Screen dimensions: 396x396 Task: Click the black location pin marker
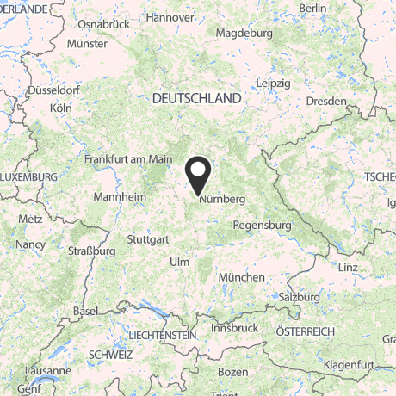199,175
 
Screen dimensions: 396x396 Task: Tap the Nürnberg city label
222,199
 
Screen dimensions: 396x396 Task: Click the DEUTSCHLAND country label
196,99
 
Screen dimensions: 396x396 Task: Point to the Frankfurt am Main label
128,158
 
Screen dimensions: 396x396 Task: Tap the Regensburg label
263,225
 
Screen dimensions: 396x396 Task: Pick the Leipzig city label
273,83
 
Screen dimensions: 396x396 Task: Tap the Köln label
61,108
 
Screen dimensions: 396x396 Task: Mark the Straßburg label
91,251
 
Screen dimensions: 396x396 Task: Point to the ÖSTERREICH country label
304,331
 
